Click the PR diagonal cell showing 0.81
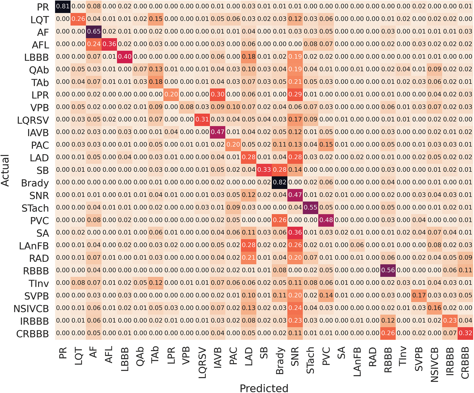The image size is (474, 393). [x=63, y=6]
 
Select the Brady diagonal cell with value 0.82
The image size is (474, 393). [x=280, y=182]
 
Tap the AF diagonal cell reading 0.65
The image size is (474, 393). [x=94, y=31]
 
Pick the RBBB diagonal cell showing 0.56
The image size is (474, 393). [x=388, y=270]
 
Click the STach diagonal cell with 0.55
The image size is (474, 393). [x=311, y=207]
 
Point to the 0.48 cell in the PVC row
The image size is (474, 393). [x=326, y=220]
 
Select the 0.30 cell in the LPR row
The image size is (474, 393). [x=218, y=94]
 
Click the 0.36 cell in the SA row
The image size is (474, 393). [x=295, y=232]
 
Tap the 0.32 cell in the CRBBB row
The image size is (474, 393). [x=465, y=333]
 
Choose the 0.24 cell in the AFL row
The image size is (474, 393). [x=94, y=44]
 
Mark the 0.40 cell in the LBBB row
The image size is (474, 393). [x=125, y=57]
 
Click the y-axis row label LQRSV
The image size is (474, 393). [x=33, y=120]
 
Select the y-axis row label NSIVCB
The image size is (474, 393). [x=31, y=309]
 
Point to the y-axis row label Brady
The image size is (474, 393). [x=35, y=183]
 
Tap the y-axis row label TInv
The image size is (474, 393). [x=39, y=283]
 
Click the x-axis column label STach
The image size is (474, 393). [x=311, y=361]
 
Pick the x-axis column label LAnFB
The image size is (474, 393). [x=357, y=362]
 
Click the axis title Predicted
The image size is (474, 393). [x=264, y=388]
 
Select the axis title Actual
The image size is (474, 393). [x=5, y=171]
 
